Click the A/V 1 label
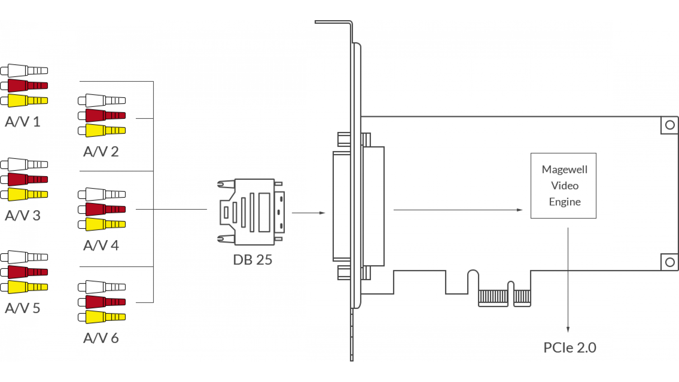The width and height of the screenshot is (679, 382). click(23, 122)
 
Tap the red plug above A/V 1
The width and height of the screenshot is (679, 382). click(24, 86)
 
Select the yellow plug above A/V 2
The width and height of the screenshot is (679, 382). click(102, 131)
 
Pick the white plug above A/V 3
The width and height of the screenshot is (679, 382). click(24, 164)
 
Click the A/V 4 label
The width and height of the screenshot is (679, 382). click(101, 245)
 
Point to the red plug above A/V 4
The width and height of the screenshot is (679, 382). click(102, 209)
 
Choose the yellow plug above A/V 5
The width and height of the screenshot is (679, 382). click(24, 287)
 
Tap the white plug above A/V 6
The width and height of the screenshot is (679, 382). click(102, 287)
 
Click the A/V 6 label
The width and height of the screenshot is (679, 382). click(101, 338)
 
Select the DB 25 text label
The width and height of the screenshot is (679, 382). click(253, 260)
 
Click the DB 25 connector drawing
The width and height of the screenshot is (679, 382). click(251, 212)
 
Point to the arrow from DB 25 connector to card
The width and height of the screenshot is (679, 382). click(308, 213)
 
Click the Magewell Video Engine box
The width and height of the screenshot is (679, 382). click(563, 186)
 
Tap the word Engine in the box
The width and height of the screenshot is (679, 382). click(565, 202)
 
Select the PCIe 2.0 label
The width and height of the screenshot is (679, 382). click(570, 348)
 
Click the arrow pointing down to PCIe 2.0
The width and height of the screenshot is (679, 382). click(568, 280)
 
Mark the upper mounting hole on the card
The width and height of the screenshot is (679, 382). click(670, 125)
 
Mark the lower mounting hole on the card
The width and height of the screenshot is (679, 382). click(670, 262)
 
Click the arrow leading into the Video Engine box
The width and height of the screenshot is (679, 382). click(458, 210)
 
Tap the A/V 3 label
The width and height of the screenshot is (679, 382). click(23, 215)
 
